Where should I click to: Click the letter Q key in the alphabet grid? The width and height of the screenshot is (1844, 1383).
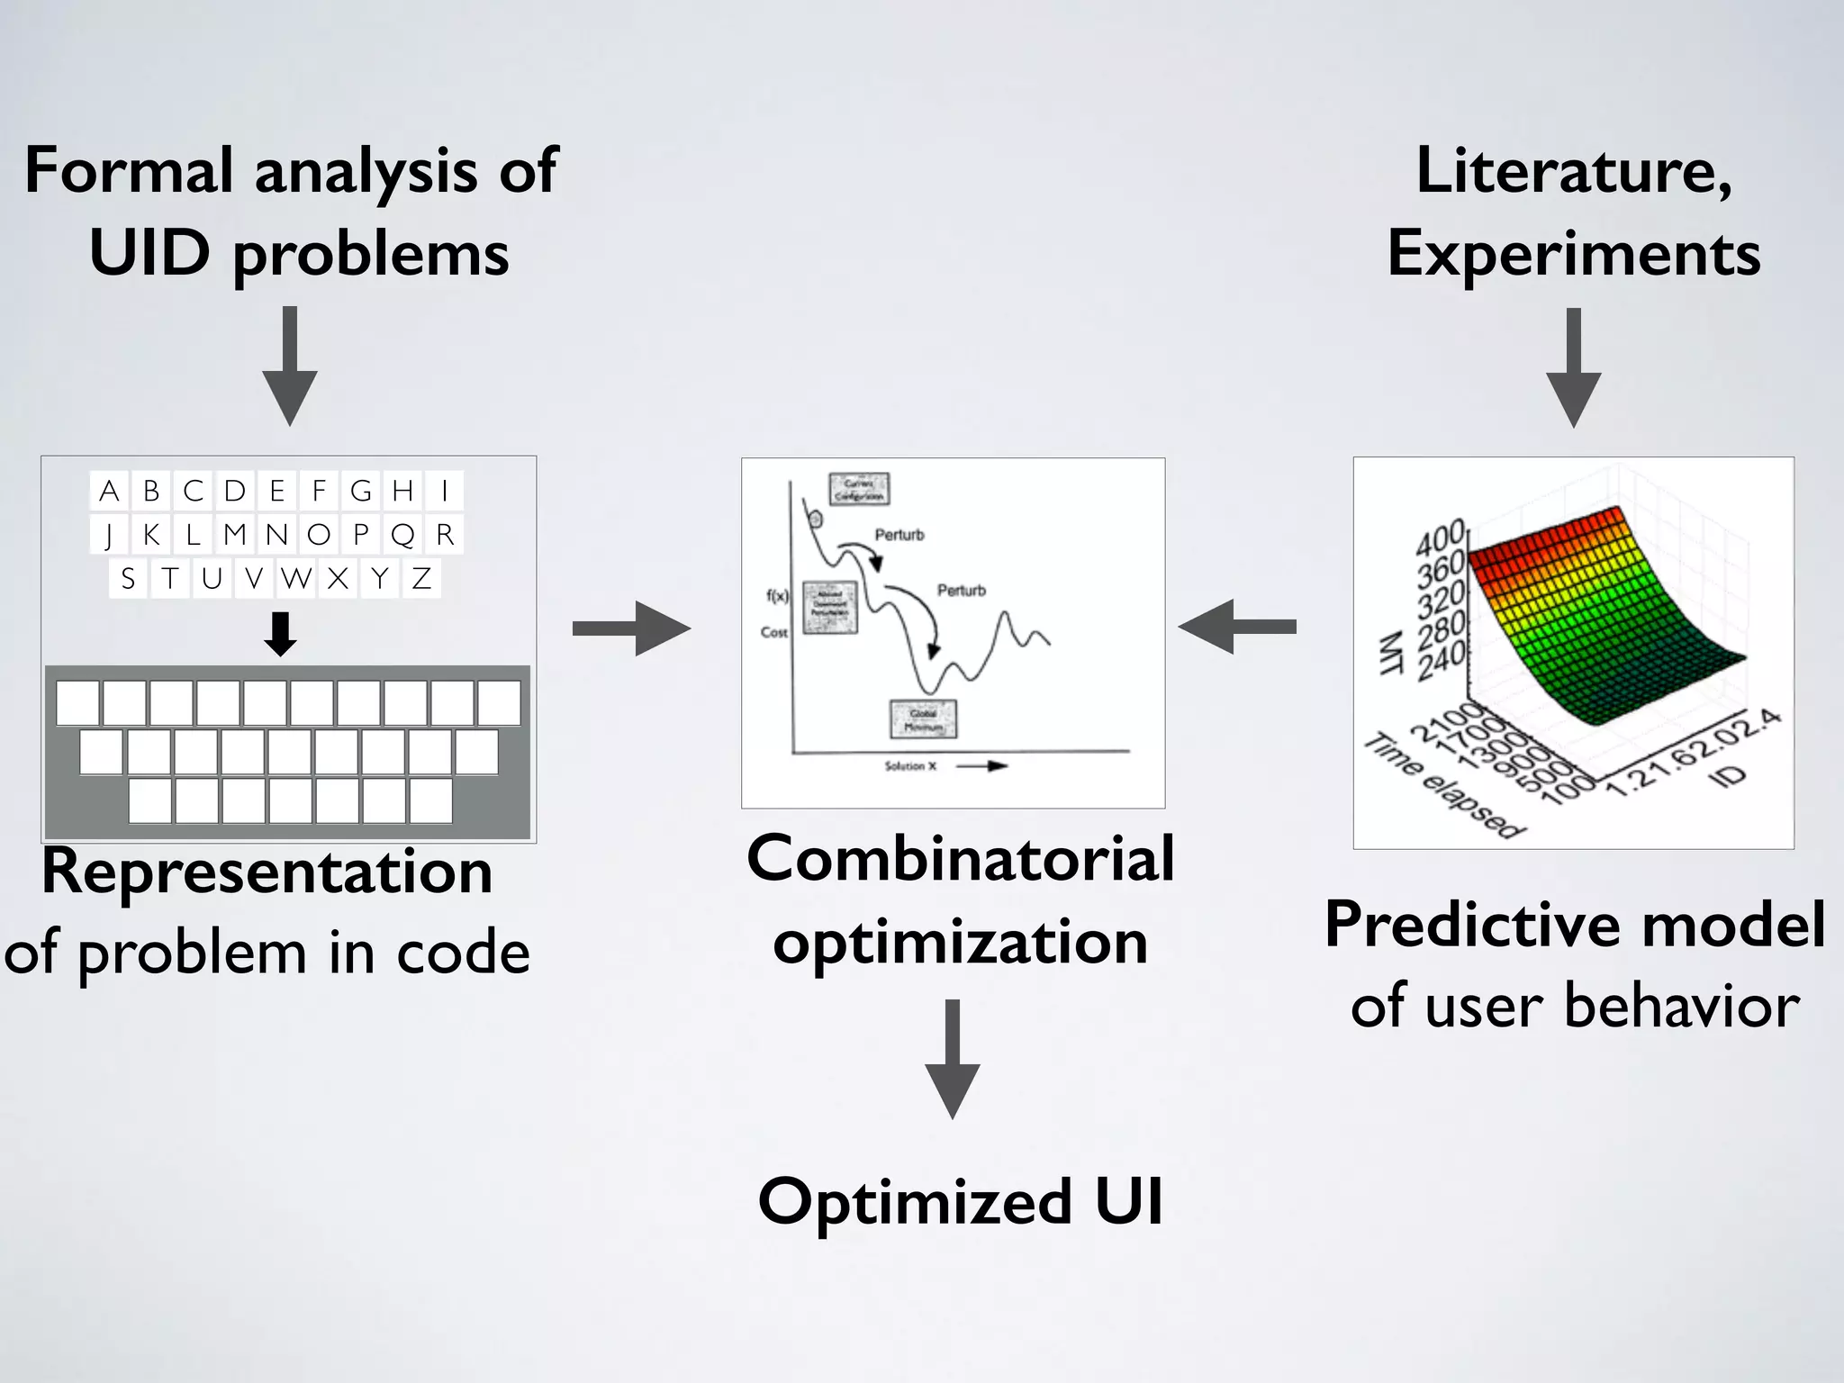tap(402, 535)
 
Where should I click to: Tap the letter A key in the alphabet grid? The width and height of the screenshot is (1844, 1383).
tap(109, 491)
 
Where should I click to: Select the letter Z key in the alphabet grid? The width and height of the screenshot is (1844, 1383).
tap(421, 578)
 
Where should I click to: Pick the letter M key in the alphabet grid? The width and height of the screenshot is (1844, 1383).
tap(235, 535)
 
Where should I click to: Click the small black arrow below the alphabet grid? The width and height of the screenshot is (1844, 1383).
tap(281, 634)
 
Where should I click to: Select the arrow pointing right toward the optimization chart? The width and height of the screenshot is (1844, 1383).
tap(632, 628)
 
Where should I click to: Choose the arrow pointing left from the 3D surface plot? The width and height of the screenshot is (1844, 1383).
tap(1237, 627)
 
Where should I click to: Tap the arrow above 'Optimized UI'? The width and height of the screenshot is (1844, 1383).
tap(953, 1059)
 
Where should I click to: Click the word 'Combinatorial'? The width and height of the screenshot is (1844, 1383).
tap(960, 859)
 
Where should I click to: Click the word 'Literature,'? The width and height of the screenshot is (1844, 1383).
tap(1574, 171)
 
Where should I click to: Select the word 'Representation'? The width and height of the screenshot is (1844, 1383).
tap(267, 872)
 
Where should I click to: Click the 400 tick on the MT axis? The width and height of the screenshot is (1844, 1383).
tap(1442, 539)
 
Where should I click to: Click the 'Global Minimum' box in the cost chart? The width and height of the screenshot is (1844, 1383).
tap(924, 719)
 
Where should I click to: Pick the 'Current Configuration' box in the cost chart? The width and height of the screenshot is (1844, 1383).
tap(859, 489)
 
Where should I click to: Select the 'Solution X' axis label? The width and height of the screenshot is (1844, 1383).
tap(910, 766)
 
